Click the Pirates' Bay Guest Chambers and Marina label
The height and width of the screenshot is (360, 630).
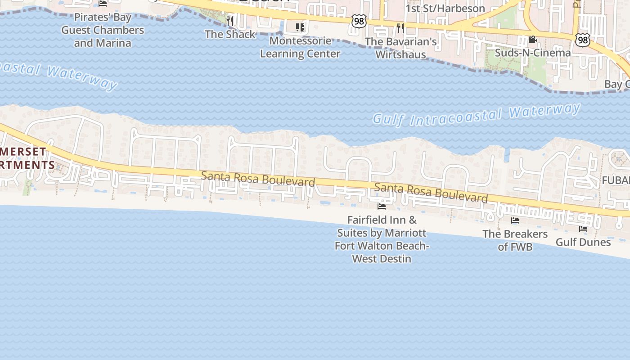(103, 30)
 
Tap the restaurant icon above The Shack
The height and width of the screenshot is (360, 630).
(229, 20)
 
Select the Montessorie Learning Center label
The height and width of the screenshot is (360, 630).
(300, 47)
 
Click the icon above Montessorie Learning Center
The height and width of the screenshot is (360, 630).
(300, 27)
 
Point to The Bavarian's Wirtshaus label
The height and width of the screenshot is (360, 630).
(400, 48)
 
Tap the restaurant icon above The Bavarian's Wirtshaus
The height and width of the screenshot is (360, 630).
(400, 28)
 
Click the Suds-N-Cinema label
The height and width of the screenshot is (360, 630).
(533, 53)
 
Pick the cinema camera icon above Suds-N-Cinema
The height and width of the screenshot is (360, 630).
(532, 40)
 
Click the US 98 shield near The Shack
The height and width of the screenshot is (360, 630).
(359, 21)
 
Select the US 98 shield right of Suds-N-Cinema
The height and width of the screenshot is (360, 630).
(582, 40)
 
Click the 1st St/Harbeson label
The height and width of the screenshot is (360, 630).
(445, 9)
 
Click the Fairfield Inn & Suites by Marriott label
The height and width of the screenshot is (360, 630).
(382, 239)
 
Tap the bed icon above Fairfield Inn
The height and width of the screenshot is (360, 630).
(382, 207)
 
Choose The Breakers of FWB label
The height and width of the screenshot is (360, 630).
(515, 240)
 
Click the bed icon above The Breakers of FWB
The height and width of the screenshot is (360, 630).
(515, 220)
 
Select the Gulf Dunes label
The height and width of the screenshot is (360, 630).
(583, 242)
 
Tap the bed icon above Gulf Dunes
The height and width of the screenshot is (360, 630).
(583, 229)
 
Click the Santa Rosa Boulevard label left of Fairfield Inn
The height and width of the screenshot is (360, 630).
(258, 179)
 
